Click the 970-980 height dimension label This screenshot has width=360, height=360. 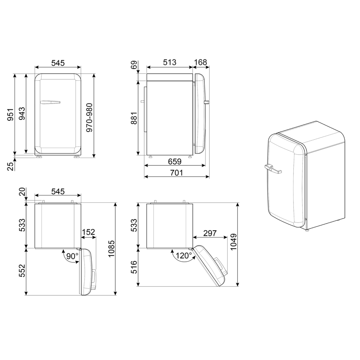point(89,118)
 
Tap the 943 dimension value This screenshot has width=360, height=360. point(22,114)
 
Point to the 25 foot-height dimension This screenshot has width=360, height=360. point(10,166)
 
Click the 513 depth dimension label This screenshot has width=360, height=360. point(170,62)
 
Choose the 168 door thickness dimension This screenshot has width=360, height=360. point(201,62)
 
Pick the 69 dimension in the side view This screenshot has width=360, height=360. point(134,65)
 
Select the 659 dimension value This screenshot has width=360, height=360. point(175,161)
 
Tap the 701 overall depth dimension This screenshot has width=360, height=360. point(176,172)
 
